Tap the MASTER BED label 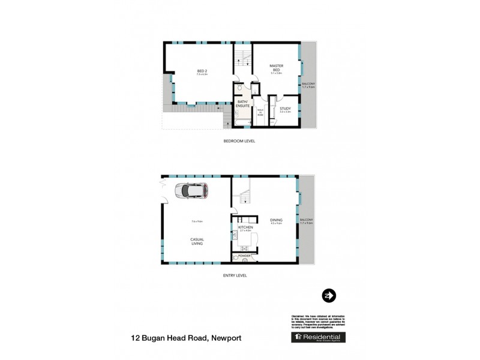tap(276, 67)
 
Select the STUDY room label tap(285, 109)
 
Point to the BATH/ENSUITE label tap(243, 103)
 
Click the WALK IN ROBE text tap(260, 111)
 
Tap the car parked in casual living tap(191, 191)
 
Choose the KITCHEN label tap(245, 228)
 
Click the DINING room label tap(276, 220)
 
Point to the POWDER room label tap(244, 256)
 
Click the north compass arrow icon tap(329, 295)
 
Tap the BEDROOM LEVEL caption tap(238, 141)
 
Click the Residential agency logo tap(318, 337)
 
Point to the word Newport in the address tap(225, 338)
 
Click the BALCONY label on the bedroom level tap(309, 85)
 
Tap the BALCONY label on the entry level tap(307, 221)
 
